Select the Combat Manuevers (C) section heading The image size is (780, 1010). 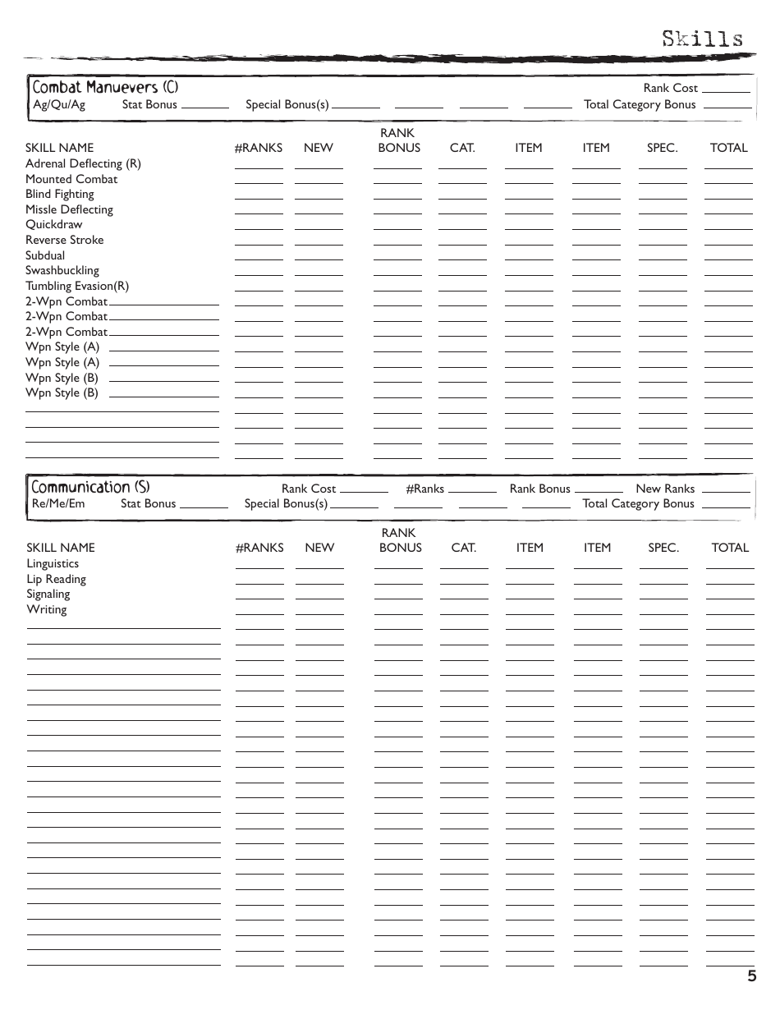(104, 87)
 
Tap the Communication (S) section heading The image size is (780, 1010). (90, 487)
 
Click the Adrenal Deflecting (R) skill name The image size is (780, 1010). (83, 163)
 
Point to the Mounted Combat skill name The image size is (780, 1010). (71, 179)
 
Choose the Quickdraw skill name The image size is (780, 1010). (53, 224)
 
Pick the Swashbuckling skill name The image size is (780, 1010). (62, 270)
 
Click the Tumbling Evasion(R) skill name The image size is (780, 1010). (77, 286)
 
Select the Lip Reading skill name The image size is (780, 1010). (56, 579)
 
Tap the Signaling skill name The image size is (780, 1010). (48, 594)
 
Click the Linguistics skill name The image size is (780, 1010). (53, 563)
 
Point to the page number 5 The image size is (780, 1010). (751, 976)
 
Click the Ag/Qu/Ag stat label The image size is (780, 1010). (58, 104)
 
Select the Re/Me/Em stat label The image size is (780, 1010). (57, 503)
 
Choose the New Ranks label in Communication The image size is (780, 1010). (665, 489)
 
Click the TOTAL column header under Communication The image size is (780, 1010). (730, 548)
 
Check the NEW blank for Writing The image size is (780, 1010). (319, 613)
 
